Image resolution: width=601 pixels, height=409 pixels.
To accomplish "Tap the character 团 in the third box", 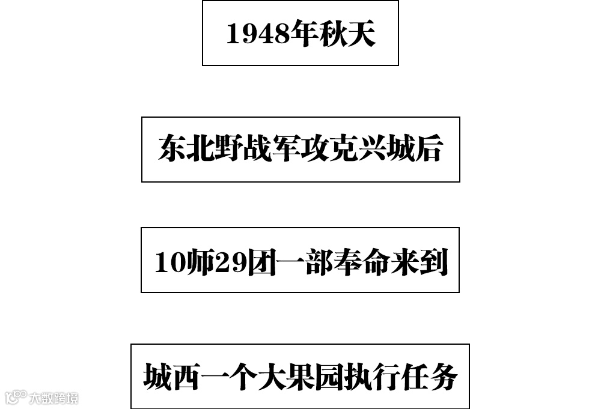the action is click(x=262, y=262).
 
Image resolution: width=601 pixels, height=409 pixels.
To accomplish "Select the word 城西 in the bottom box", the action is click(x=172, y=377).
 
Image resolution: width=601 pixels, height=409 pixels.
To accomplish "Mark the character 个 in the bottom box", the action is click(x=243, y=377).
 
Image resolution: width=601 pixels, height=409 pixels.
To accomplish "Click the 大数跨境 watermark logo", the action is click(x=41, y=398).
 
